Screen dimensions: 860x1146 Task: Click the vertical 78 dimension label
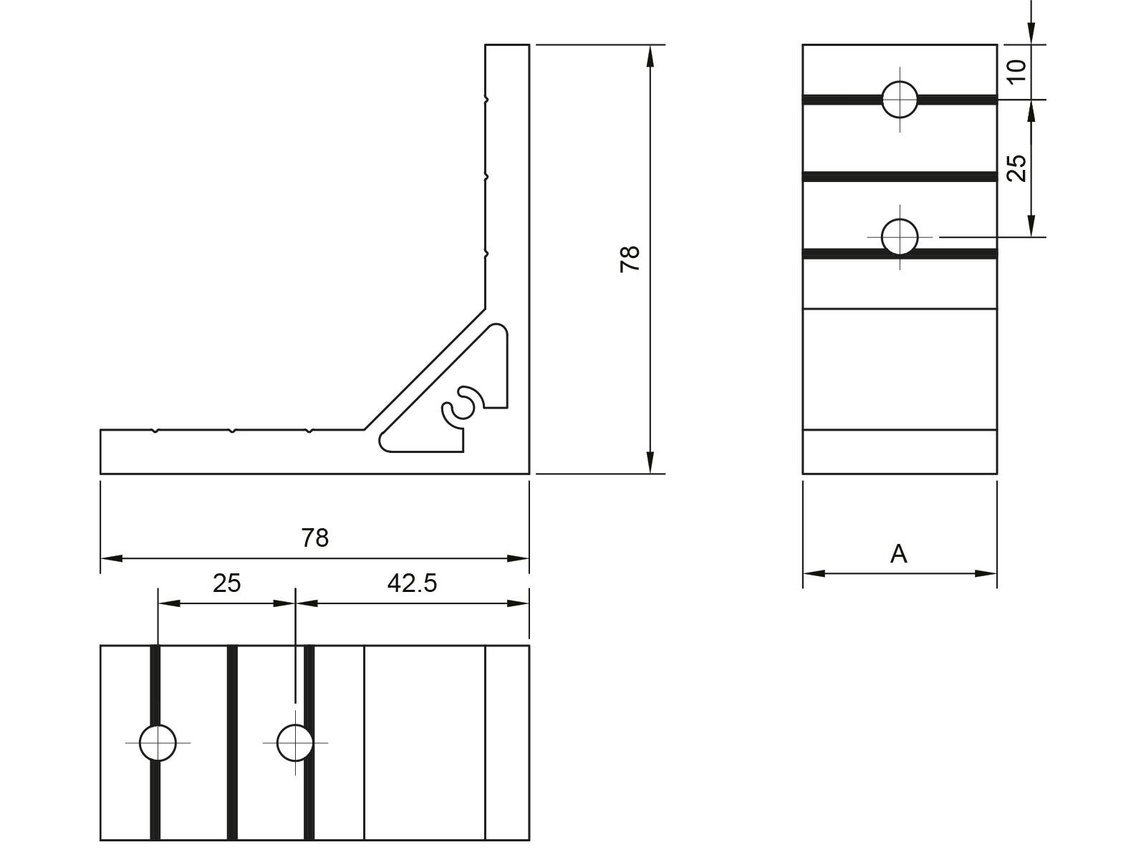[x=630, y=259]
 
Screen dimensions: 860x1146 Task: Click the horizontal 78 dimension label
[x=314, y=537]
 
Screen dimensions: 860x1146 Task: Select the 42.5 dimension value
[x=412, y=583]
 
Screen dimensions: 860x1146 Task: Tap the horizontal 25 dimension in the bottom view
[x=226, y=583]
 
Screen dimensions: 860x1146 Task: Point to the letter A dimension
[x=898, y=554]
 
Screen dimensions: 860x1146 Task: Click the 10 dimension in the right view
[x=1016, y=70]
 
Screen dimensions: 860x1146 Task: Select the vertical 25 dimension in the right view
[x=1016, y=168]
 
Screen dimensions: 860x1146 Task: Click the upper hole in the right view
[x=900, y=99]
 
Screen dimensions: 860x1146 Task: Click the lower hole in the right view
[x=900, y=236]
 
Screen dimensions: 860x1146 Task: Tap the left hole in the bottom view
[x=158, y=742]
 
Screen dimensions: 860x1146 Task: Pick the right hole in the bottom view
[x=294, y=742]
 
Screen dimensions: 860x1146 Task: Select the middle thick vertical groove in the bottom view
[x=232, y=742]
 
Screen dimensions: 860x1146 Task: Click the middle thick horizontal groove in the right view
[x=900, y=176]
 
